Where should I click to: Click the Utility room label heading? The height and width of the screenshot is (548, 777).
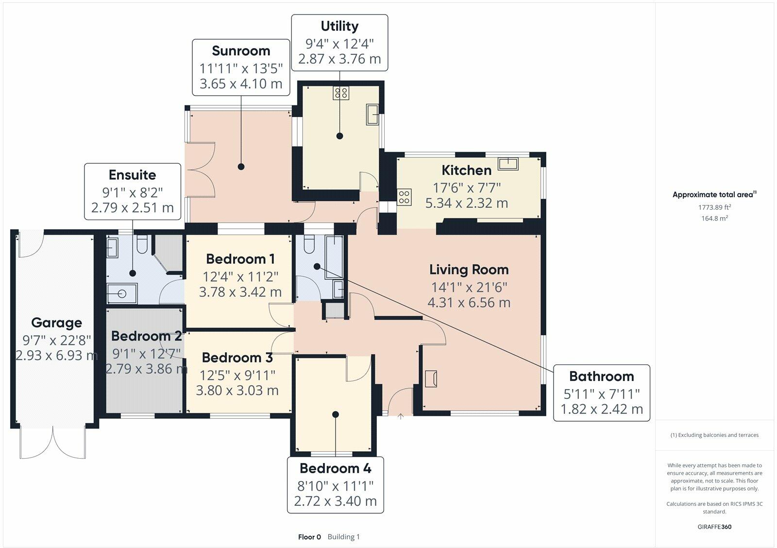339,26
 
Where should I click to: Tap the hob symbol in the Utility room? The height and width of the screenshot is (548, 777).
340,92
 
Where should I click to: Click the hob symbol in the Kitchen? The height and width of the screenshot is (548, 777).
405,197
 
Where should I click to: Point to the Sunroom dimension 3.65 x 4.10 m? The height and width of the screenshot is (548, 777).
241,84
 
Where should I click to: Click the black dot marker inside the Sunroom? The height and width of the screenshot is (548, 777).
241,167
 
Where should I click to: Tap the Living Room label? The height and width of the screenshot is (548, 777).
469,270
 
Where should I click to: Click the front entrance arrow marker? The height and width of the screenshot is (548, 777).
401,416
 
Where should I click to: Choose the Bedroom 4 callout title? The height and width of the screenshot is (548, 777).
335,468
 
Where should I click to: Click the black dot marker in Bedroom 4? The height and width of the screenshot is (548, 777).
336,414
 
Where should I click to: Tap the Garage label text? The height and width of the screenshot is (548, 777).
56,323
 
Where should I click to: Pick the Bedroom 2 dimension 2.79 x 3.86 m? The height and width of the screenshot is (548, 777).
146,369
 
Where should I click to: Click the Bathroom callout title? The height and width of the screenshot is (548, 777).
601,377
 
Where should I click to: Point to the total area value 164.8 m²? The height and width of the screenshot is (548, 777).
714,219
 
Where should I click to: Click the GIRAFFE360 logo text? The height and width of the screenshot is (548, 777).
714,527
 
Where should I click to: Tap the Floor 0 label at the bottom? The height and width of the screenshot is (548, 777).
309,537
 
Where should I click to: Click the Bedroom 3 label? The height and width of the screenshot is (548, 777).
237,358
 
